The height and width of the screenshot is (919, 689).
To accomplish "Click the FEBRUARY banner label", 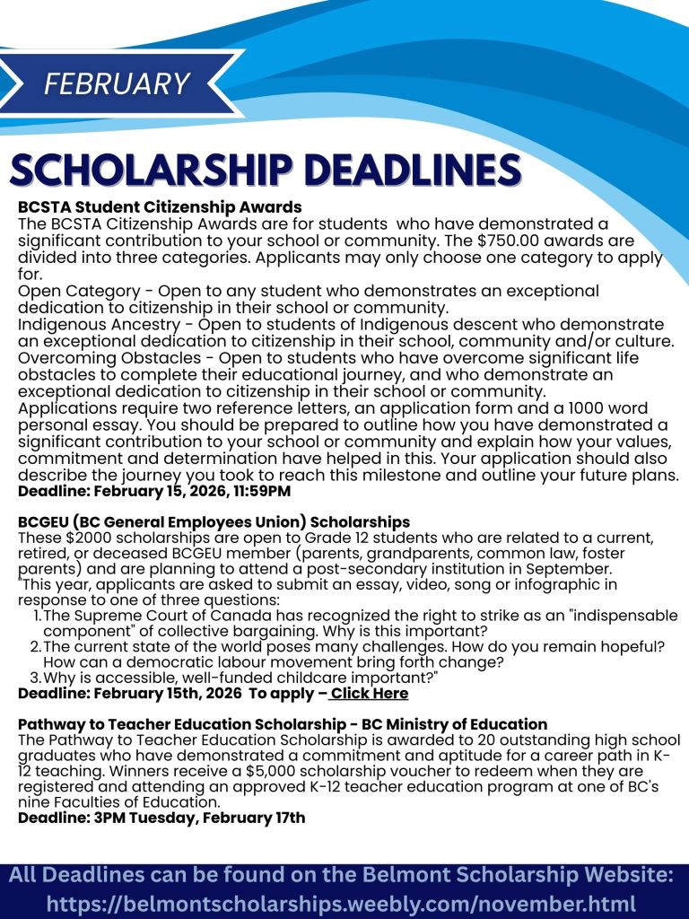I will pos(117,83).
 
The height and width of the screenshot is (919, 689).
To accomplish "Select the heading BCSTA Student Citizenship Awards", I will pos(160,207).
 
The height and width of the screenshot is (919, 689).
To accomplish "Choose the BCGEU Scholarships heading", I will pos(214,521).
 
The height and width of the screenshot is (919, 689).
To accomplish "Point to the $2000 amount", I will pos(78,537).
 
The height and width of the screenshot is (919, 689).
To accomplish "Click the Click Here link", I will pos(368,694).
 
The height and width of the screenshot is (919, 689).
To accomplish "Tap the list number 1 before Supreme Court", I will pos(37,616).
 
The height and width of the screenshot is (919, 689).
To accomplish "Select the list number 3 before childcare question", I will pos(37,678).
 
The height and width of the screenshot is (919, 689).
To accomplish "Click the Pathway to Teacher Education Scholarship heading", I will pos(283,723).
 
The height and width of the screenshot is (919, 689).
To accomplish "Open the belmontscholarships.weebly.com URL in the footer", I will pos(341,903).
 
